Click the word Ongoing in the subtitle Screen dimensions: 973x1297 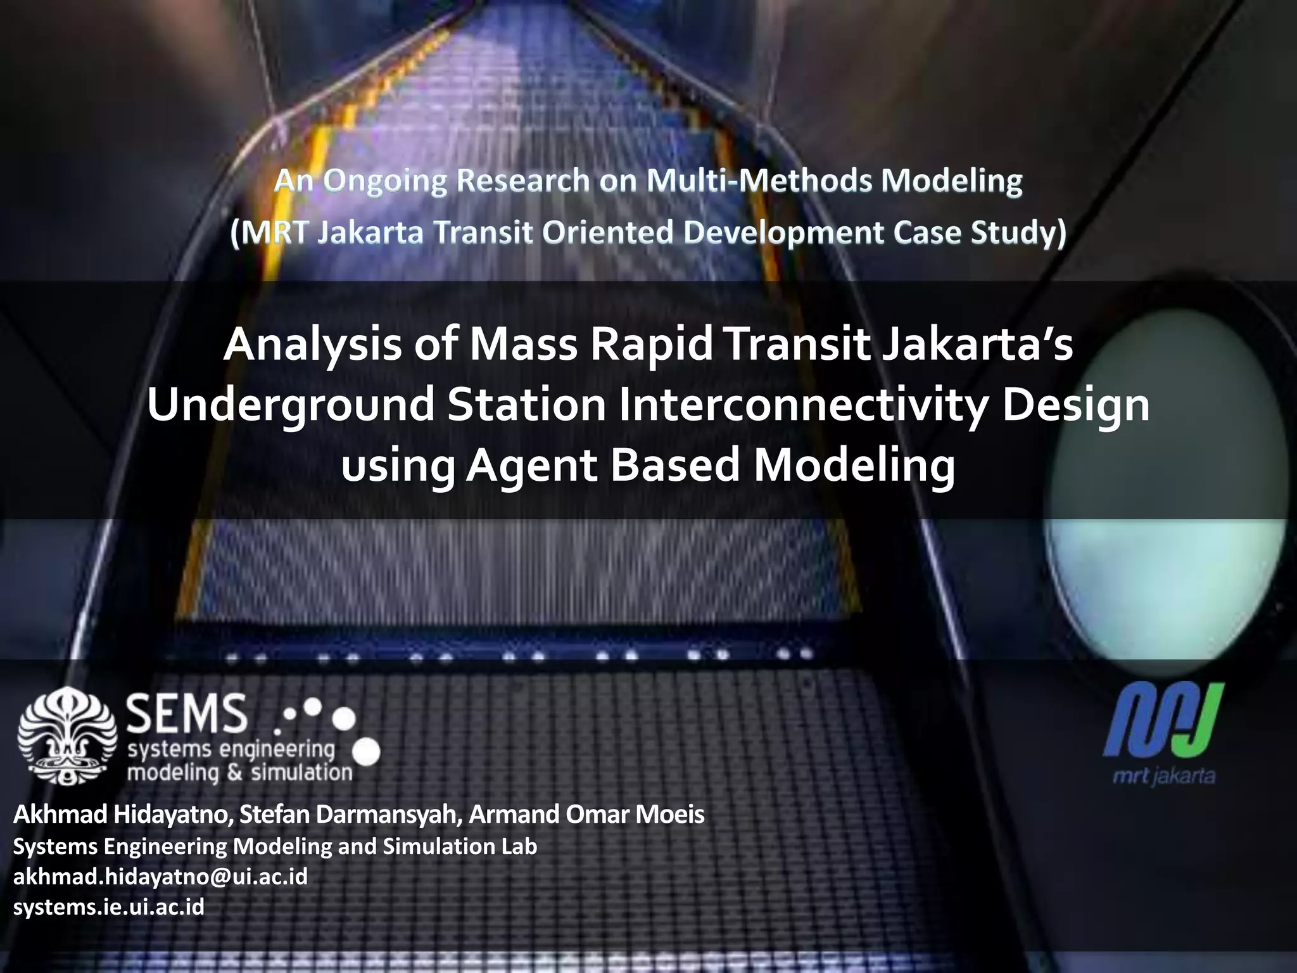(385, 182)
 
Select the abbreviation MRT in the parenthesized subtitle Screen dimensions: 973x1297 (274, 232)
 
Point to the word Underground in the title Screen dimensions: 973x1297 (291, 406)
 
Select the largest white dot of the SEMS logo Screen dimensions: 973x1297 (365, 753)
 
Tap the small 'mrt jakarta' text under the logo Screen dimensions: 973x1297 (1164, 776)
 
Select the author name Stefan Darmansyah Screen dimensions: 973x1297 (350, 815)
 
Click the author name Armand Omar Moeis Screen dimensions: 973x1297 (586, 815)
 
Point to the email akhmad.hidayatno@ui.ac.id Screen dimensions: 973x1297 (160, 877)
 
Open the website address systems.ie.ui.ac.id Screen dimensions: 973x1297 (109, 907)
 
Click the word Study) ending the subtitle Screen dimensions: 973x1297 (1027, 232)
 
